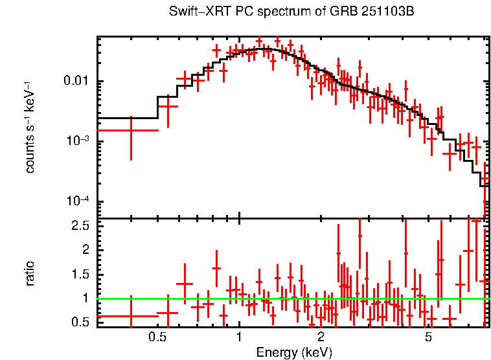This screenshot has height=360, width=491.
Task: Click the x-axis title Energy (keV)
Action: pos(293,352)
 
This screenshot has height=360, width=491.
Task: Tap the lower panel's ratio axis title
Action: pos(30,273)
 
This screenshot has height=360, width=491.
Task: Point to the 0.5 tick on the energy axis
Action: pos(157,337)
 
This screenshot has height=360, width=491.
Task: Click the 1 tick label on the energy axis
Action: pos(239,337)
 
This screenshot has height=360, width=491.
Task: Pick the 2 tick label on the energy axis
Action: pos(321,337)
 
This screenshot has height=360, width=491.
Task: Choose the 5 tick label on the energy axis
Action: pos(428,337)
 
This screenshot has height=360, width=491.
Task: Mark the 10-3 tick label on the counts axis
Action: pos(80,141)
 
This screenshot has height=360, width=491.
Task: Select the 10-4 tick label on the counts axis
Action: pos(80,201)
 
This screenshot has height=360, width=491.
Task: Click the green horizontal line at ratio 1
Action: pos(291,298)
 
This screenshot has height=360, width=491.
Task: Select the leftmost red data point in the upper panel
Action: pos(131,130)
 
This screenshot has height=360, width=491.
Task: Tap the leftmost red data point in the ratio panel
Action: pos(131,316)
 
